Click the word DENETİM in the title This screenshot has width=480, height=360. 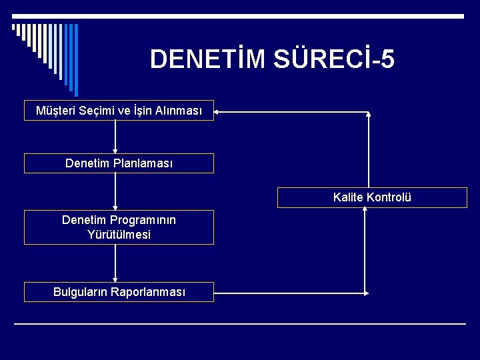(208, 59)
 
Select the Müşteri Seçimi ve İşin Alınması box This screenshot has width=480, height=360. (119, 111)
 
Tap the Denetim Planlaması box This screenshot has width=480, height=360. (119, 163)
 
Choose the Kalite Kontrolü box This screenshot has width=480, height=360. (372, 197)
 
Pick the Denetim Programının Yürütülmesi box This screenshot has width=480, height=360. (119, 227)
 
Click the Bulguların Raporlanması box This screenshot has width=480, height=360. (119, 292)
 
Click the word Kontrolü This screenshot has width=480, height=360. (389, 197)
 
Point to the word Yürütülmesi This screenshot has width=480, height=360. (119, 235)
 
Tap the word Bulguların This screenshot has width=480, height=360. (80, 292)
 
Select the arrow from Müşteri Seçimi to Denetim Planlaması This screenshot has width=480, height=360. (115, 137)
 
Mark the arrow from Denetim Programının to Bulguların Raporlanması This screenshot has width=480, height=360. (115, 263)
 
